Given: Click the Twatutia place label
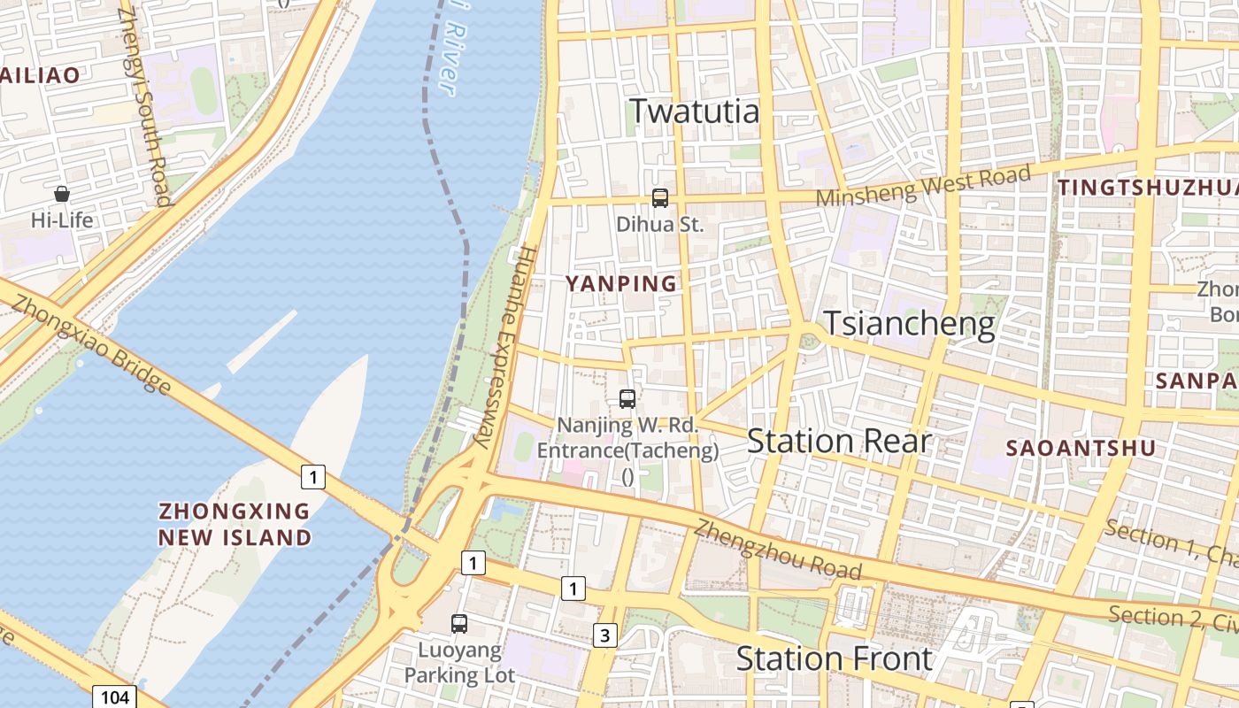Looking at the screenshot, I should point(694,112).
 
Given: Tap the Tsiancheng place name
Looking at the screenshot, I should point(909,324).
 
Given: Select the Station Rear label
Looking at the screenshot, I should point(838,441).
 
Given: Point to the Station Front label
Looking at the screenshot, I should point(834,658).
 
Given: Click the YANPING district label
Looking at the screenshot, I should point(621,284).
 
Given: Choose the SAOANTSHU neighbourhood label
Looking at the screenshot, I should point(1081,449).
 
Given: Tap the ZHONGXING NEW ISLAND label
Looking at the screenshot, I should point(235,524).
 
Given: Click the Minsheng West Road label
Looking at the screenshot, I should point(923,186).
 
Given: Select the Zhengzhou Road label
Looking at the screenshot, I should point(777,549).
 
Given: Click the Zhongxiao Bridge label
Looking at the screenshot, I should point(92,344).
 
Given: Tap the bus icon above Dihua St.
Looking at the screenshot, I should point(660,198).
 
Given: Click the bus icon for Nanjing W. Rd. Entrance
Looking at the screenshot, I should point(627,399).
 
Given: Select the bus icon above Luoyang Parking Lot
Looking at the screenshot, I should point(459,623).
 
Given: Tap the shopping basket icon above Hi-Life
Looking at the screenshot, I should point(62,194).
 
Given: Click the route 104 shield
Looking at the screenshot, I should point(115,697).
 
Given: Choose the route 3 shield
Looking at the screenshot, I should point(605,635).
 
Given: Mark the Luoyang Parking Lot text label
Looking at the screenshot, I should point(459,663).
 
